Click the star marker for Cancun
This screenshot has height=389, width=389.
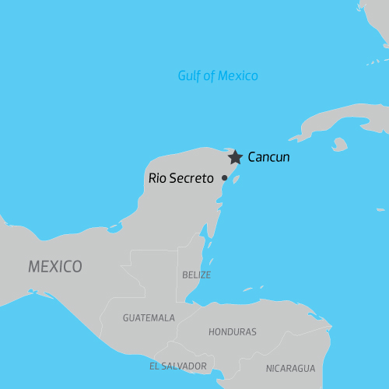235,157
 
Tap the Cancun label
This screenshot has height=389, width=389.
268,157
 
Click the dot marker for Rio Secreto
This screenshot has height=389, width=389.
225,178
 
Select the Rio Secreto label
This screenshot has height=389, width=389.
180,178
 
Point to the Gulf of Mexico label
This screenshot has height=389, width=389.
218,75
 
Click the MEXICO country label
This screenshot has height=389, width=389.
55,267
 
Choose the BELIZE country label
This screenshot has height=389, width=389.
195,275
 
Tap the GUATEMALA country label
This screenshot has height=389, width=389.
149,317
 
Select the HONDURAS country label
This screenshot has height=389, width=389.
232,331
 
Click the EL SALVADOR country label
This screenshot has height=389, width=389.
178,365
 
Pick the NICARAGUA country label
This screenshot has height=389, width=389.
290,368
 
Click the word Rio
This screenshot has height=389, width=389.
157,178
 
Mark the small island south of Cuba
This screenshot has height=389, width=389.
339,144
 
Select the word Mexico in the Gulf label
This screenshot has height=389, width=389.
239,75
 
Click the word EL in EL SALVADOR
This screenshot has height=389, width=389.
155,365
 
